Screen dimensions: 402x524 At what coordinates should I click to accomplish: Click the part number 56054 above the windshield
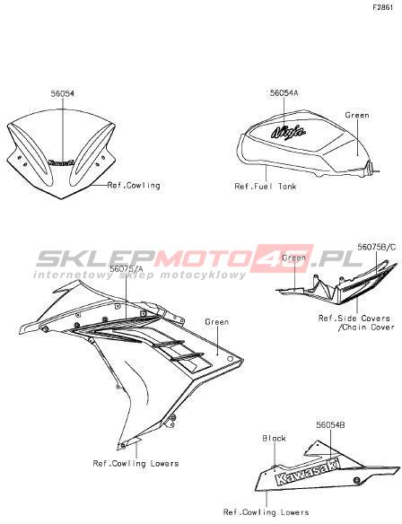click(x=63, y=94)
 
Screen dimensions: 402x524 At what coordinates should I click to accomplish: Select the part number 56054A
click(x=284, y=93)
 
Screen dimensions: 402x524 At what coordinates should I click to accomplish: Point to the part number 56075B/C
click(x=377, y=247)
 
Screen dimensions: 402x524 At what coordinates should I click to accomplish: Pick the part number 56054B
click(x=330, y=424)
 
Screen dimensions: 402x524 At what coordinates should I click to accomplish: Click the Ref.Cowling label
click(x=134, y=185)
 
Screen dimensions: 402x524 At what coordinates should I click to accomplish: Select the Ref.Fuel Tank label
click(x=266, y=186)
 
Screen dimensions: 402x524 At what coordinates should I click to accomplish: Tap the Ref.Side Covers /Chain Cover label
click(x=356, y=322)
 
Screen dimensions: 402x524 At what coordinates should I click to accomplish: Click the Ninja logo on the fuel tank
click(x=288, y=132)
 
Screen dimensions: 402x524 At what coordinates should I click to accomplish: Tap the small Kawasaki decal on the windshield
click(x=61, y=162)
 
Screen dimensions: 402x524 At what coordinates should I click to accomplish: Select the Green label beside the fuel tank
click(x=357, y=115)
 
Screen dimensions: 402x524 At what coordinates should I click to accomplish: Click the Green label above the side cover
click(x=293, y=258)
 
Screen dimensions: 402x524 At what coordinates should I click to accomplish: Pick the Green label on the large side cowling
click(x=217, y=322)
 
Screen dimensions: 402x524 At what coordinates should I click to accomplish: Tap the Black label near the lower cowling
click(x=274, y=438)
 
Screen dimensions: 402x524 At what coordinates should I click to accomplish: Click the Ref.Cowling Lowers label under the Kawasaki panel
click(x=266, y=512)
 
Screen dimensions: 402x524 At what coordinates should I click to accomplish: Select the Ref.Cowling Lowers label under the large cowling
click(x=135, y=464)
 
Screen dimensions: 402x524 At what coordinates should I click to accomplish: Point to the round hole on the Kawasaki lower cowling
click(x=357, y=480)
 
